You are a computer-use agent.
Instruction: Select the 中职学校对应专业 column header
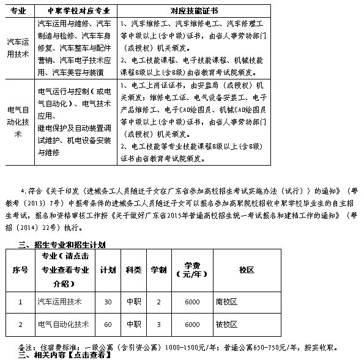click(75, 11)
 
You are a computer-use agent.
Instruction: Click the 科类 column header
click(133, 270)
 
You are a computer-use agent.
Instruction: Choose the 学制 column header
click(159, 270)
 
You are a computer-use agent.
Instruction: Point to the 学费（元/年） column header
click(192, 270)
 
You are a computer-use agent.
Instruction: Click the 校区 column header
click(247, 270)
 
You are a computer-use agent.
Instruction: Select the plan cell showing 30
click(108, 302)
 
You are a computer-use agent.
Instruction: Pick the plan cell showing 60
click(108, 324)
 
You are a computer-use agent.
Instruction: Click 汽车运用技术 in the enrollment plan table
click(59, 302)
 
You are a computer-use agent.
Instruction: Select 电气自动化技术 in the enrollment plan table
click(63, 324)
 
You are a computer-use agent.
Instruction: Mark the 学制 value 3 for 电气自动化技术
click(159, 324)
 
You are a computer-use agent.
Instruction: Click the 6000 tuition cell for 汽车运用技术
click(192, 302)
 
